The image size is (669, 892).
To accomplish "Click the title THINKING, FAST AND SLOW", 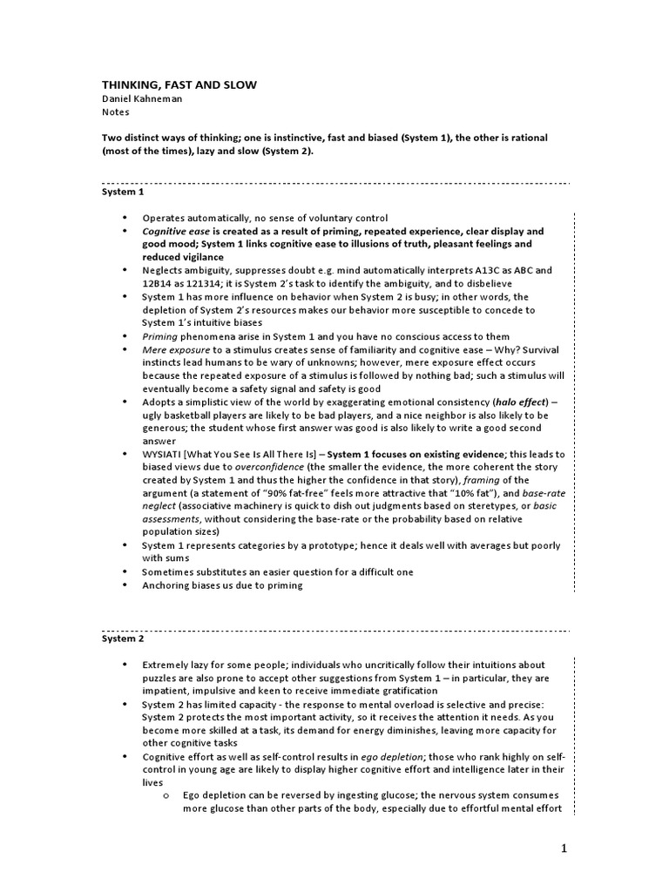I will (x=179, y=84).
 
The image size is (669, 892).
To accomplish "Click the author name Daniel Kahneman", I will (x=145, y=99).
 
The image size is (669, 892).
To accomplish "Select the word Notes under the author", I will (x=116, y=113).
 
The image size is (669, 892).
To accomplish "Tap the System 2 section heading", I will (x=121, y=639).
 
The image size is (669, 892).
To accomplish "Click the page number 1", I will (x=564, y=850).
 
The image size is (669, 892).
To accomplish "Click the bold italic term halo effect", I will (x=517, y=402).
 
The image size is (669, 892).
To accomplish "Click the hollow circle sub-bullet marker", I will (x=166, y=796).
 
